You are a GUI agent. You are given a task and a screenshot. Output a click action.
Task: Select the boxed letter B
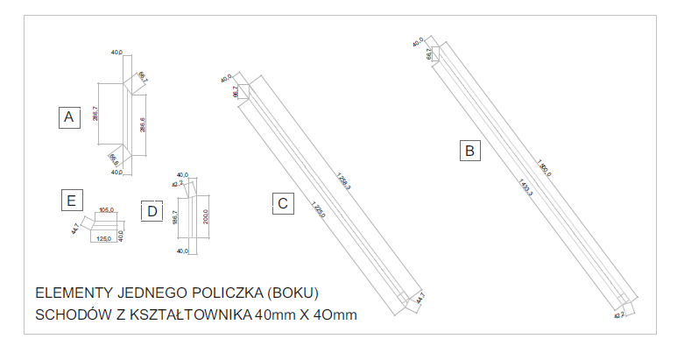tap(471, 151)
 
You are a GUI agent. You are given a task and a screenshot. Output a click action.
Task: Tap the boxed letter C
tap(283, 204)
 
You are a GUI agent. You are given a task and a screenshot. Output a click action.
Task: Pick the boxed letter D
tap(152, 211)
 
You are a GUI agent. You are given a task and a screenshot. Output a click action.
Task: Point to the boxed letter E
tap(71, 201)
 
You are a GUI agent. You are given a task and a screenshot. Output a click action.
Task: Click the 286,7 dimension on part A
tap(95, 114)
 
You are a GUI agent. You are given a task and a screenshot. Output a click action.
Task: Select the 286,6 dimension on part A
tap(143, 124)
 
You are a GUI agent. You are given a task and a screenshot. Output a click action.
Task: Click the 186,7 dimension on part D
tap(176, 218)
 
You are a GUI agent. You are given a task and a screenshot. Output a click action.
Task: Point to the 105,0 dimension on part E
tap(107, 210)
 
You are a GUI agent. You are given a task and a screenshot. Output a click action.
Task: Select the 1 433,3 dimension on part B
tap(525, 187)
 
